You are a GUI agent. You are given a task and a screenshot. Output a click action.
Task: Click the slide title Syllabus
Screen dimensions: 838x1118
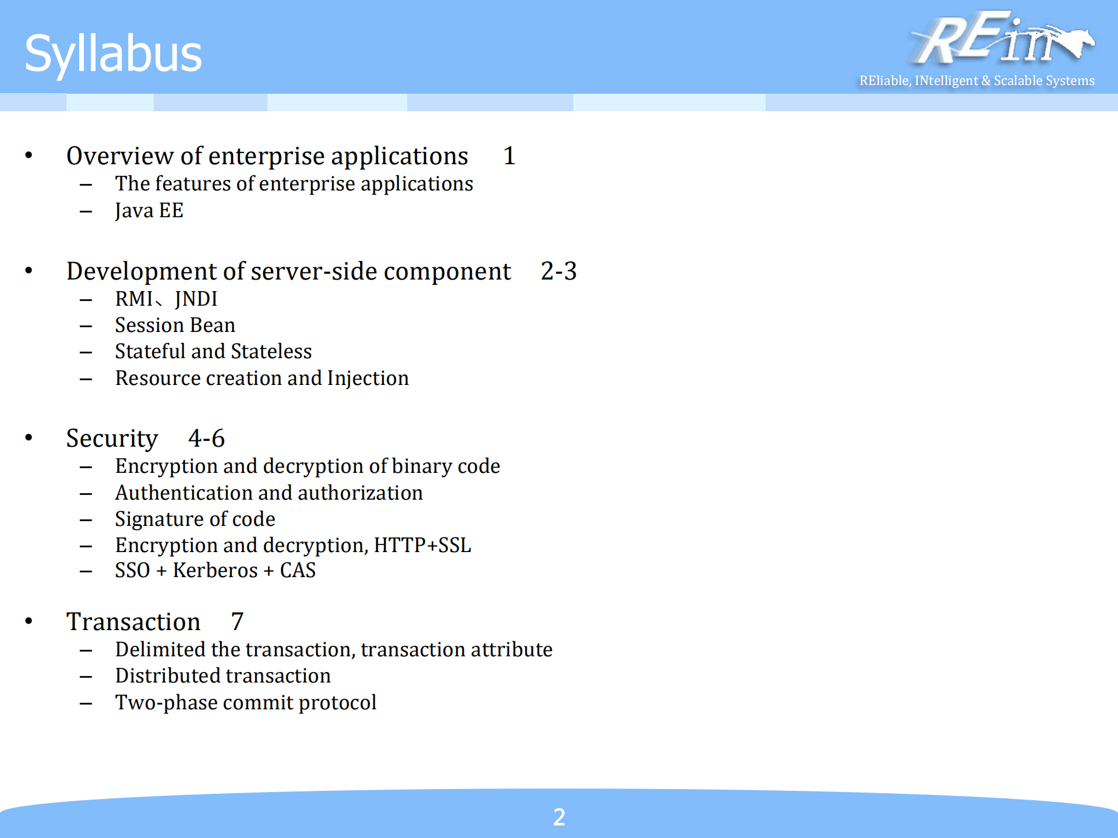click(113, 54)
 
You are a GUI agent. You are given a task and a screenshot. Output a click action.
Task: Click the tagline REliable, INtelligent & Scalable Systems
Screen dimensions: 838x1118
click(976, 80)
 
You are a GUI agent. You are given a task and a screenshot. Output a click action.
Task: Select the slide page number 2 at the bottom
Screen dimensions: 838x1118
click(559, 817)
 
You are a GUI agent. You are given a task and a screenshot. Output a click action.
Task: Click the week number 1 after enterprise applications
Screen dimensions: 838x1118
click(509, 156)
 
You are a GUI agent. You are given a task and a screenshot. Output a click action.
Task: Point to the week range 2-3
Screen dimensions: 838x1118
click(558, 271)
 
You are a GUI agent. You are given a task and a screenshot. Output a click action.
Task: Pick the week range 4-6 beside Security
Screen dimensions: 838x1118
click(206, 439)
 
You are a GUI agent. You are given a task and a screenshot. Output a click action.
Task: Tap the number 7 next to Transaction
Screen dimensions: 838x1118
click(237, 622)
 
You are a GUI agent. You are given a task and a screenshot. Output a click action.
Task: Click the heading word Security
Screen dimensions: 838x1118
click(112, 439)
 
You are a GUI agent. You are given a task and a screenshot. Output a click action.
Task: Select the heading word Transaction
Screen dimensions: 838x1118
click(133, 622)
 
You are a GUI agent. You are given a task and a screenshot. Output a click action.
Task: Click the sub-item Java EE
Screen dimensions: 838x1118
click(149, 211)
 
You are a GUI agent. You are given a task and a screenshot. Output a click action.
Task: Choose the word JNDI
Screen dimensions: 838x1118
click(196, 299)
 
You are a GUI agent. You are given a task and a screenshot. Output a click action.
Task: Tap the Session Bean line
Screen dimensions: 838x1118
click(175, 326)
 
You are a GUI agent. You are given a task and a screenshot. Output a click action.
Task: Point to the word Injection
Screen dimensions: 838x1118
click(368, 379)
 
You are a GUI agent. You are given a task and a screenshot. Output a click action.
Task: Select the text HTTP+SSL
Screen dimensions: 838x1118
click(422, 546)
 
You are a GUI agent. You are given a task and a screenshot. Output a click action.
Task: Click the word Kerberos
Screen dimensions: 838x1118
click(215, 571)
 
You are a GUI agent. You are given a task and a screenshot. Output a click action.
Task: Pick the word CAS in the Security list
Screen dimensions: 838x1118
click(298, 571)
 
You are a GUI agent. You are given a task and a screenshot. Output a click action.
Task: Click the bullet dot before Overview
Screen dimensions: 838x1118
click(29, 155)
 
